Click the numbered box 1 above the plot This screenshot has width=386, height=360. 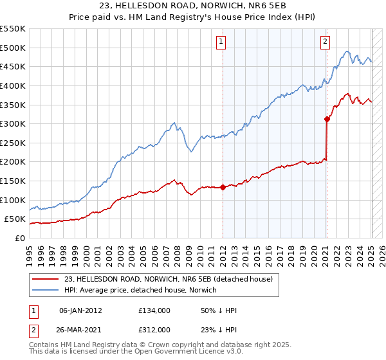tap(221, 42)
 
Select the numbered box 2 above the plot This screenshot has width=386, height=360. tap(325, 42)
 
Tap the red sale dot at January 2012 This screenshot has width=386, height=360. tap(223, 187)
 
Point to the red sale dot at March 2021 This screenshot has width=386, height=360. tap(327, 119)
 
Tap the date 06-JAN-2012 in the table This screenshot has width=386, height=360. tap(80, 310)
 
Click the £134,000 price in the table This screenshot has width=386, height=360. tap(154, 310)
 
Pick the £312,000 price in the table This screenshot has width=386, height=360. tap(154, 330)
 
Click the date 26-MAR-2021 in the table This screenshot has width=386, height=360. tap(80, 330)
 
